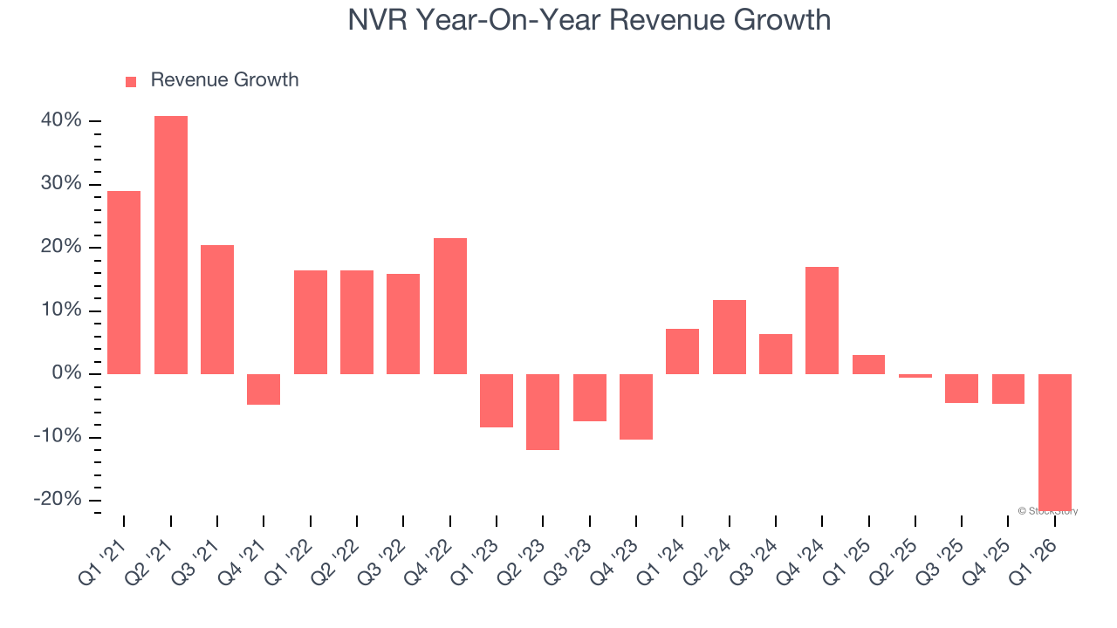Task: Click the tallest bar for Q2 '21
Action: click(171, 245)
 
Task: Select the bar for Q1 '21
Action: click(124, 283)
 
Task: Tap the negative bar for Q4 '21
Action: click(264, 389)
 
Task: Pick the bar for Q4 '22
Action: click(450, 306)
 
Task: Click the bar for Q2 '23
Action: click(543, 412)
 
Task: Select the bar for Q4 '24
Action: click(822, 320)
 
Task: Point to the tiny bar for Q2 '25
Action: click(915, 376)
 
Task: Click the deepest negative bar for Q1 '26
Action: click(1055, 441)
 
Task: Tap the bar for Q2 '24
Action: click(730, 337)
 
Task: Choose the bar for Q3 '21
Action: click(217, 310)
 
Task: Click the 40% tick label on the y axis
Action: click(61, 120)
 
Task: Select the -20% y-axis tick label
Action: click(58, 500)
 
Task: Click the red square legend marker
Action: click(131, 82)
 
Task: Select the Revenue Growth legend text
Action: click(224, 80)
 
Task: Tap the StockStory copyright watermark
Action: click(1048, 511)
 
